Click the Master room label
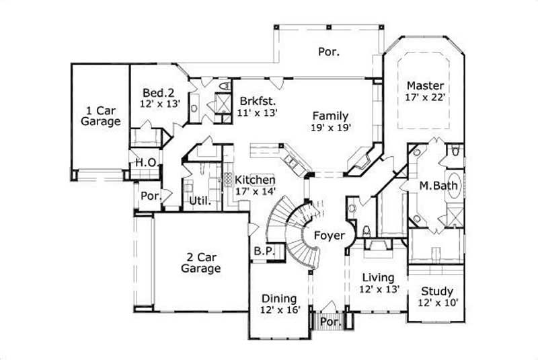[425, 85]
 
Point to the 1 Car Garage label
[100, 116]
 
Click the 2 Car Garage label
[200, 262]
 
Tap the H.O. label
[146, 163]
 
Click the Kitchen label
[254, 180]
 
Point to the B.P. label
[263, 250]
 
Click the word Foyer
[329, 236]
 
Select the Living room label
[377, 277]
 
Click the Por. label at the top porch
[328, 51]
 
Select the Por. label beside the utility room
[149, 196]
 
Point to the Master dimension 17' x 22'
[425, 98]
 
